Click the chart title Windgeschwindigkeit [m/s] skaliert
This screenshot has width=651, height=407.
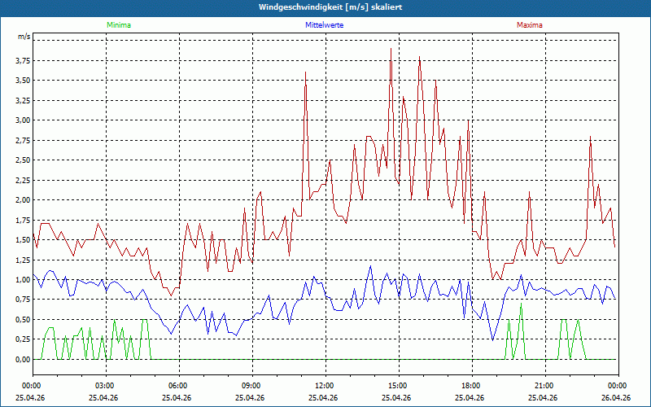[x=325, y=7]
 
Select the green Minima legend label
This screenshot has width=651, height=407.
[x=118, y=25]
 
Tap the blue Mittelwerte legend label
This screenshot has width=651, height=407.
[x=324, y=25]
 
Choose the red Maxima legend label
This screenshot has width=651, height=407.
[x=530, y=25]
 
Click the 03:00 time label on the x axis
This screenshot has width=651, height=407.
[x=105, y=386]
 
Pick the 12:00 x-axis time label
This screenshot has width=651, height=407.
[x=325, y=386]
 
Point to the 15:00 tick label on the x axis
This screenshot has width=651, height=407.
[x=398, y=386]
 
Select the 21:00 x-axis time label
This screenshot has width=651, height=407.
[x=544, y=386]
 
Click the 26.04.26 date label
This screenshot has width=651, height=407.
[x=618, y=398]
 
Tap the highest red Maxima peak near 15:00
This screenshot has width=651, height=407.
[x=391, y=49]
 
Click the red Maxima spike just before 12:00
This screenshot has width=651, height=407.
[x=305, y=73]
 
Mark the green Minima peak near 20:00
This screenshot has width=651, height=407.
[x=520, y=304]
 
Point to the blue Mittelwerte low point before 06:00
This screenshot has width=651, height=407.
[x=171, y=334]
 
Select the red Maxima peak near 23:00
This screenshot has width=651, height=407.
[x=590, y=137]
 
